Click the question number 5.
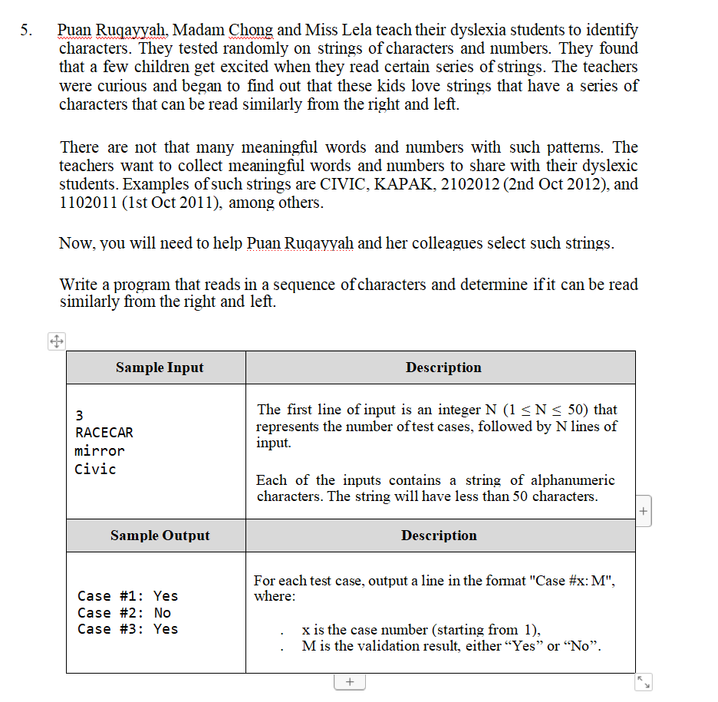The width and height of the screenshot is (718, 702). [26, 31]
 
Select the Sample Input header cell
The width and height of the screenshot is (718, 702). [160, 367]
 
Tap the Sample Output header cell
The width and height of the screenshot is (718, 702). [160, 536]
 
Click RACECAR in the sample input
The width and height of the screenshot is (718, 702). [104, 433]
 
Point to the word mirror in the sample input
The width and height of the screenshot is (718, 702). [100, 451]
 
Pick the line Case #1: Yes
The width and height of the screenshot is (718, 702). [127, 596]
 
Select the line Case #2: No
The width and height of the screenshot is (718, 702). [124, 613]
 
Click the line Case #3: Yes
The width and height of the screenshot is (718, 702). [127, 629]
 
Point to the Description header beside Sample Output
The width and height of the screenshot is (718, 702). [439, 536]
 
